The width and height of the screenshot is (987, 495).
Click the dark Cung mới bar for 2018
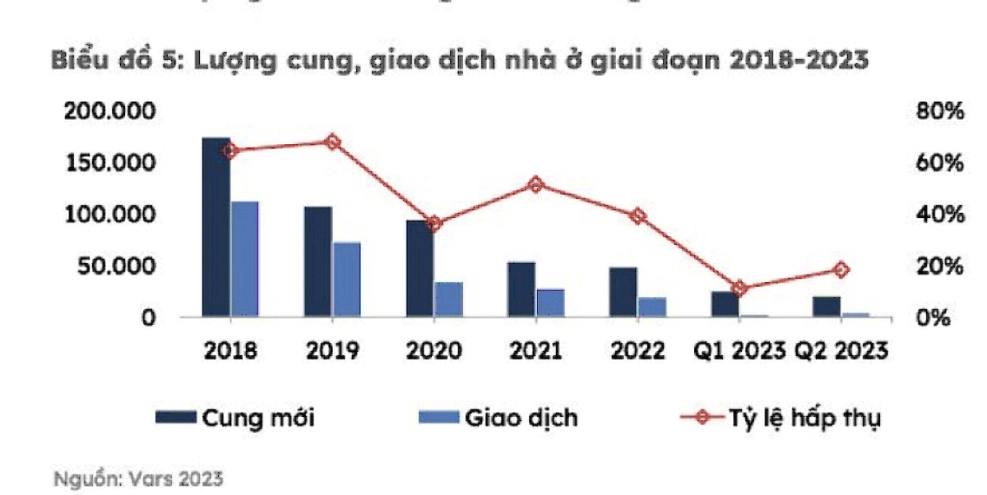pos(216,227)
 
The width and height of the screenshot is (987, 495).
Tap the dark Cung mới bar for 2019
pos(318,261)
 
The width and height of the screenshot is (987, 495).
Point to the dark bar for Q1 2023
pos(725,303)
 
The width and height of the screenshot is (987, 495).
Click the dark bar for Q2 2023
pos(827,306)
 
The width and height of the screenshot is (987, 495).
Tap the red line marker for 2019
pos(332,142)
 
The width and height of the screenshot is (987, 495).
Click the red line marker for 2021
pos(536,185)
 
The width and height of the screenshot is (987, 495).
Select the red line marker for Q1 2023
pos(739,288)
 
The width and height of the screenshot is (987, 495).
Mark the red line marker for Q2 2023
pos(841,270)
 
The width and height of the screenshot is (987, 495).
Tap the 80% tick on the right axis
pos(939,111)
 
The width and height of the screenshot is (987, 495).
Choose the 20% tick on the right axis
pos(939,266)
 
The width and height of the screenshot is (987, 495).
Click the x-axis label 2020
pos(434,351)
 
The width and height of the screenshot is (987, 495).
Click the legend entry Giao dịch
pos(498,417)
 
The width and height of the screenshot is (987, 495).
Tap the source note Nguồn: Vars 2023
pos(138,478)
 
